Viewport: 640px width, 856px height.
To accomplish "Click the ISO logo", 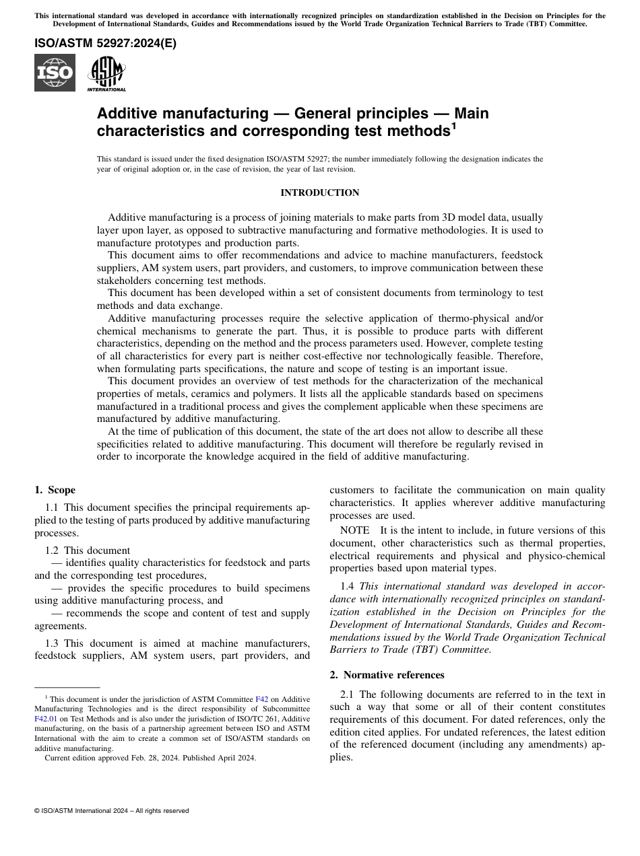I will point(55,73).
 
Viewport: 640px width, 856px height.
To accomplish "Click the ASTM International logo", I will point(106,73).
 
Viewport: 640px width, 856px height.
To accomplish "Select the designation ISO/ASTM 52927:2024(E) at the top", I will point(105,44).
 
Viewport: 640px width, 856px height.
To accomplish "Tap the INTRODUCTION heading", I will point(319,193).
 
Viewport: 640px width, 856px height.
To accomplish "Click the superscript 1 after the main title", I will point(453,125).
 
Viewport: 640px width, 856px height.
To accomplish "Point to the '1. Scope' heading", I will point(55,490).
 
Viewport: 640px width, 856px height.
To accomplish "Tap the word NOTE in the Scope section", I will point(354,530).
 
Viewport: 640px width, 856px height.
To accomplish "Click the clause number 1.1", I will point(52,507).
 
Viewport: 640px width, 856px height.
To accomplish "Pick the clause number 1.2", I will point(52,550).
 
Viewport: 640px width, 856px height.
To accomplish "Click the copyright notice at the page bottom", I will point(111,811).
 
